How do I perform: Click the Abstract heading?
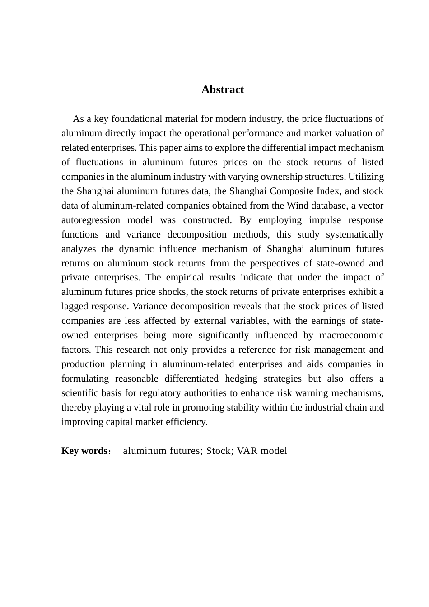click(223, 89)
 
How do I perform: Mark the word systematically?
click(355, 234)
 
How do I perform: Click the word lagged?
click(75, 306)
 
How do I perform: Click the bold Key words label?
click(84, 451)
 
